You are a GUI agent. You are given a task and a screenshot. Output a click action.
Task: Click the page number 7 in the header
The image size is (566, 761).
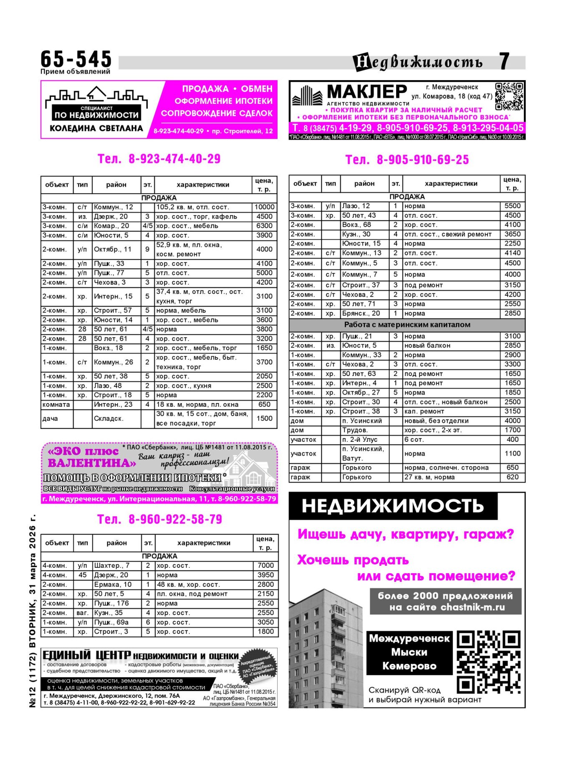(504, 62)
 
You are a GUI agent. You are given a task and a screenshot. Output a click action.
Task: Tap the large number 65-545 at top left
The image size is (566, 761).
(76, 59)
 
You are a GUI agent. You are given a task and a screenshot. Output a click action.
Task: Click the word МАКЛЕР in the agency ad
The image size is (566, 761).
(366, 91)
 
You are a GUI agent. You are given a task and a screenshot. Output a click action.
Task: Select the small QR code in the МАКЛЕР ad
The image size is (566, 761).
(509, 96)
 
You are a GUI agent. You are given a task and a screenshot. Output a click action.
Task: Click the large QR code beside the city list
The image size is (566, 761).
(489, 662)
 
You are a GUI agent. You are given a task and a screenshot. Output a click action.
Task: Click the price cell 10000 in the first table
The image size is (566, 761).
(264, 207)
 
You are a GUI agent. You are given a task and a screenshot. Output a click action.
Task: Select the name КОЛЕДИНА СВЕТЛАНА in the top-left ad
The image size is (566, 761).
(96, 128)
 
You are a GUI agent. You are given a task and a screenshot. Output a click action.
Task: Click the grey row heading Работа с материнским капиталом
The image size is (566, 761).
(407, 325)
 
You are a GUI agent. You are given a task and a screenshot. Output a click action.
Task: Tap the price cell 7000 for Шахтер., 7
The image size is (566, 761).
(265, 565)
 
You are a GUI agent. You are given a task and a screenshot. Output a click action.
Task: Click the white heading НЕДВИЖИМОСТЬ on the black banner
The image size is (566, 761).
(392, 506)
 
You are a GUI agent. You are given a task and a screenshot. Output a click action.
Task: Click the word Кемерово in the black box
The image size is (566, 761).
(409, 666)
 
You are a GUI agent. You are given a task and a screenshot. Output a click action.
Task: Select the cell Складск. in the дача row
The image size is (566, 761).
(109, 418)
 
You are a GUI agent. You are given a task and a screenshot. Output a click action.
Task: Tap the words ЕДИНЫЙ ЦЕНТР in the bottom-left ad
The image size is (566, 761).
(87, 655)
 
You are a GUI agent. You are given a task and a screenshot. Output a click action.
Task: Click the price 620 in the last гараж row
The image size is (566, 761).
(512, 477)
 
